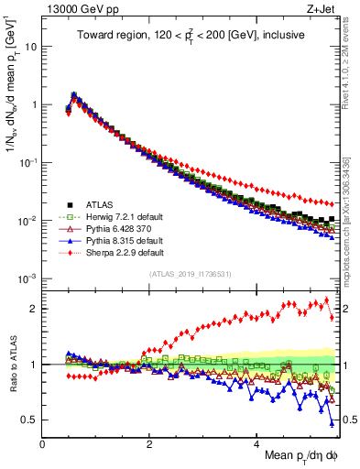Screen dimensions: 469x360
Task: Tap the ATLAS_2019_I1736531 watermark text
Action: (x=189, y=272)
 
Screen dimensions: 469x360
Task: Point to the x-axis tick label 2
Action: (x=150, y=443)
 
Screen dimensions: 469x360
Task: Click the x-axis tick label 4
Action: (x=257, y=443)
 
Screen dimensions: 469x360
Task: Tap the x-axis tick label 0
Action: (x=43, y=443)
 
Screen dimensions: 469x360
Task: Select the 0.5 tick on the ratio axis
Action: (x=30, y=420)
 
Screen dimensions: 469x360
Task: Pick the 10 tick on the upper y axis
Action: (x=28, y=46)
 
